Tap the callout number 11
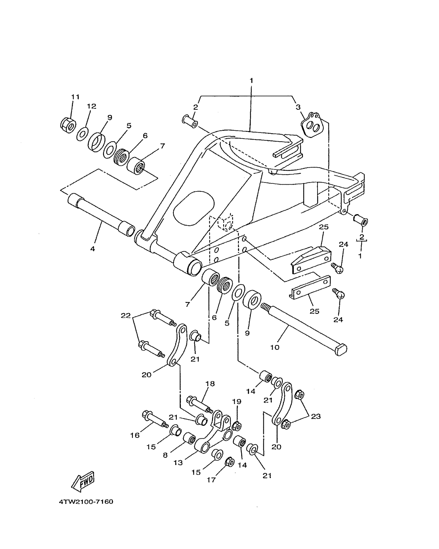click(x=75, y=97)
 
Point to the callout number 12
click(x=91, y=106)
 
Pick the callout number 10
click(x=275, y=347)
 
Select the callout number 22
click(x=126, y=316)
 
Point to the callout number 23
click(x=316, y=416)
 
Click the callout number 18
click(x=210, y=391)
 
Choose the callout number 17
click(x=211, y=480)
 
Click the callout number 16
click(x=135, y=435)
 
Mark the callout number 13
click(x=178, y=462)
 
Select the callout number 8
click(x=165, y=455)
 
